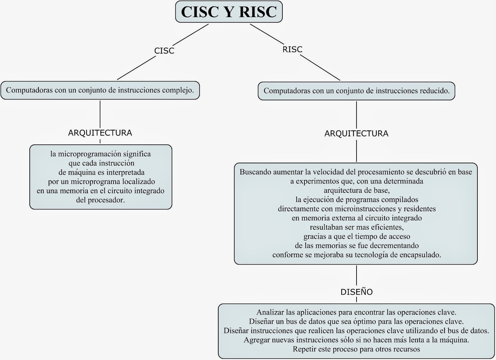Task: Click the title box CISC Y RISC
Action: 229,12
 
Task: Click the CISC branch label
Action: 164,50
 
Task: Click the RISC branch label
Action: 292,49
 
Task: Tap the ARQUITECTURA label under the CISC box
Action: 100,133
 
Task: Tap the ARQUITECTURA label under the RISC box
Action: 356,134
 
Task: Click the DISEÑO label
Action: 356,292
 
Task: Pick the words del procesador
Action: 100,200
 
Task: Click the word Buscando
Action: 255,172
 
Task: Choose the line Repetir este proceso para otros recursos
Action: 356,349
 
